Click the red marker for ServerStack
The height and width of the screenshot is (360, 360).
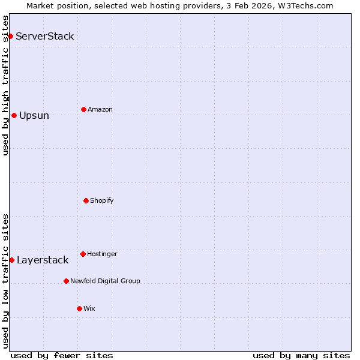point(10,36)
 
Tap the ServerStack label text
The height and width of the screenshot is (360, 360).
point(44,36)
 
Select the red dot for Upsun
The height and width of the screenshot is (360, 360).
point(14,115)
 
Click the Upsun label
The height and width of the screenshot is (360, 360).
point(34,116)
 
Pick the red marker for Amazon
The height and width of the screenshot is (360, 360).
point(83,109)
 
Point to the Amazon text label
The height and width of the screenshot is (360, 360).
point(100,109)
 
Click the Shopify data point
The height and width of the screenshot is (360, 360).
point(86,200)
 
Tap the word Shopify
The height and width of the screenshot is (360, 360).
point(101,200)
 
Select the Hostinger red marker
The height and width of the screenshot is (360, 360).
point(83,254)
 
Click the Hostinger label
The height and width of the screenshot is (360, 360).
point(102,254)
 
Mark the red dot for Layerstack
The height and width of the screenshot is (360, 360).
point(11,260)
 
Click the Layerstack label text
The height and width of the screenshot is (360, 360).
point(43,260)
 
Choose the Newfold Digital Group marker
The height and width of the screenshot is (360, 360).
point(66,281)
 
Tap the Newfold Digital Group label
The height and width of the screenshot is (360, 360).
point(105,281)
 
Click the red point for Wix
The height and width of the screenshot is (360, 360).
point(79,308)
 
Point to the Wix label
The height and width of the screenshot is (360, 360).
point(89,308)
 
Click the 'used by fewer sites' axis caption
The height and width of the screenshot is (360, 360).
point(62,355)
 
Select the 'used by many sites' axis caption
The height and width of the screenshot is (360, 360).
point(301,355)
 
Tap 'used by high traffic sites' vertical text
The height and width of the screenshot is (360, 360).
point(5,86)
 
